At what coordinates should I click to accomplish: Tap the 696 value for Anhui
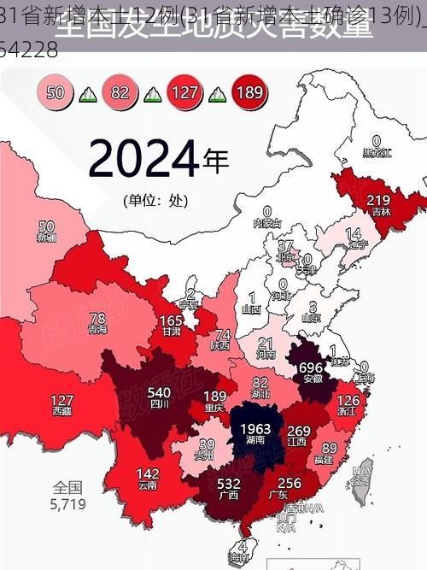pyautogui.click(x=312, y=367)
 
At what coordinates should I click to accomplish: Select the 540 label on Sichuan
pyautogui.click(x=160, y=392)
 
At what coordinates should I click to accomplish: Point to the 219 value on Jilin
pyautogui.click(x=378, y=200)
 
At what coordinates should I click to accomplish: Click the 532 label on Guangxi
pyautogui.click(x=228, y=484)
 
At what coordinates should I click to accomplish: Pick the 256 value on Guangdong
pyautogui.click(x=290, y=483)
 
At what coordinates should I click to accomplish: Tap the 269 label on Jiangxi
pyautogui.click(x=298, y=431)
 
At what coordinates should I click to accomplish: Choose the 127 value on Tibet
pyautogui.click(x=61, y=400)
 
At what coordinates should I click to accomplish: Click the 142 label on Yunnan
pyautogui.click(x=147, y=473)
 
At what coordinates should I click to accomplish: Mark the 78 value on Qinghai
pyautogui.click(x=98, y=318)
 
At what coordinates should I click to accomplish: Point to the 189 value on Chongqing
pyautogui.click(x=215, y=396)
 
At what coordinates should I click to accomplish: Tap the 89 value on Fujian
pyautogui.click(x=325, y=448)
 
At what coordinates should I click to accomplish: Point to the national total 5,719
pyautogui.click(x=67, y=504)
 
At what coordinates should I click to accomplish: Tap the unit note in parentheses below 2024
pyautogui.click(x=154, y=203)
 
